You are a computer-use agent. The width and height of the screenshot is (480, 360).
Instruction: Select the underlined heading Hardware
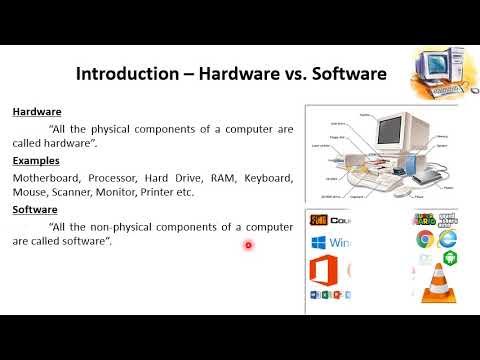[x=37, y=112]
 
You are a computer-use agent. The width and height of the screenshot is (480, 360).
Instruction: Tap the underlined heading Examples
[x=36, y=160]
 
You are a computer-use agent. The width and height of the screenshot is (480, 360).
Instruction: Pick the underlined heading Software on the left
[x=36, y=210]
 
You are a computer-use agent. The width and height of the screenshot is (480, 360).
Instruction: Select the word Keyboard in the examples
[x=267, y=177]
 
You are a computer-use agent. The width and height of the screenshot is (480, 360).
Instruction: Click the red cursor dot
[x=248, y=245]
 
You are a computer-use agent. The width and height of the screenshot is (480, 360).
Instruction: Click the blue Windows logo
[x=318, y=242]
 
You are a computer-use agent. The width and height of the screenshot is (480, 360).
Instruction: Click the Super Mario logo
[x=424, y=219]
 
